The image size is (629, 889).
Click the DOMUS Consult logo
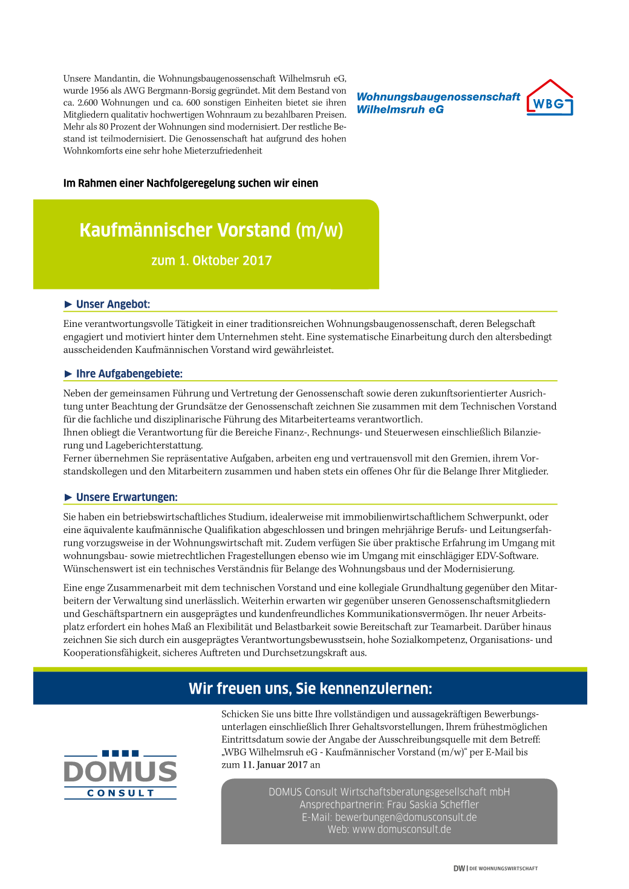pyautogui.click(x=120, y=774)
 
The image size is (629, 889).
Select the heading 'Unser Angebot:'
pyautogui.click(x=113, y=304)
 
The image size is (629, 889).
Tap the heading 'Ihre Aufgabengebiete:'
pyautogui.click(x=129, y=373)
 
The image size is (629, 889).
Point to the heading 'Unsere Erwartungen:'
pyautogui.click(x=126, y=497)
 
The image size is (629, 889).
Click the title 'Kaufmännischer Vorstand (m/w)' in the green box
pyautogui.click(x=211, y=230)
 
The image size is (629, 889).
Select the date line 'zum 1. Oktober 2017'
pyautogui.click(x=211, y=260)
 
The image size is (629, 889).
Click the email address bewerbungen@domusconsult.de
pyautogui.click(x=406, y=817)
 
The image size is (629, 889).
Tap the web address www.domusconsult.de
pyautogui.click(x=402, y=829)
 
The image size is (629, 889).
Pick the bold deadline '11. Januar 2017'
pyautogui.click(x=275, y=765)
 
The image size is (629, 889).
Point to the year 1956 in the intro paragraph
pyautogui.click(x=101, y=91)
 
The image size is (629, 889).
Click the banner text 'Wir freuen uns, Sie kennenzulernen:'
pyautogui.click(x=310, y=688)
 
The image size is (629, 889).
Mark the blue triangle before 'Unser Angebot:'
pyautogui.click(x=68, y=304)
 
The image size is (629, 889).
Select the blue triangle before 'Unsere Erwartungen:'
pyautogui.click(x=68, y=497)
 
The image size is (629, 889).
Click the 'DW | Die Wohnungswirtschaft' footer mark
pyautogui.click(x=495, y=868)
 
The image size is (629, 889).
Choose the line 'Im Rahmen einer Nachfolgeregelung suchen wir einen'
pyautogui.click(x=191, y=183)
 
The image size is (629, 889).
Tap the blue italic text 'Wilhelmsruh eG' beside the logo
pyautogui.click(x=400, y=109)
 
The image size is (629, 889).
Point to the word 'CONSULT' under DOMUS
pyautogui.click(x=120, y=793)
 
